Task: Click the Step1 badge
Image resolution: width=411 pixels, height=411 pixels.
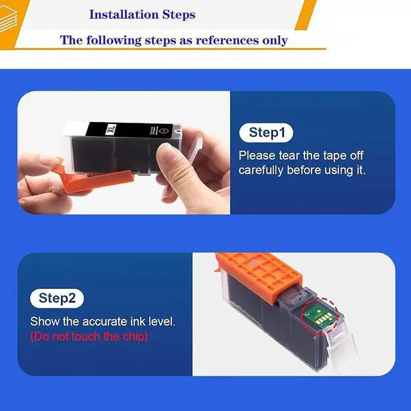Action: tap(267, 133)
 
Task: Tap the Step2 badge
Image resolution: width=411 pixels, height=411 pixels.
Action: tap(57, 298)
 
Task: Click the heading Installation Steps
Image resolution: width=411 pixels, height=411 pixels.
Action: tap(142, 14)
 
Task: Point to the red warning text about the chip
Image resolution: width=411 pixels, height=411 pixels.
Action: tap(89, 337)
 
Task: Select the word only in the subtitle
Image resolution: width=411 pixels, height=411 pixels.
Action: tap(274, 40)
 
